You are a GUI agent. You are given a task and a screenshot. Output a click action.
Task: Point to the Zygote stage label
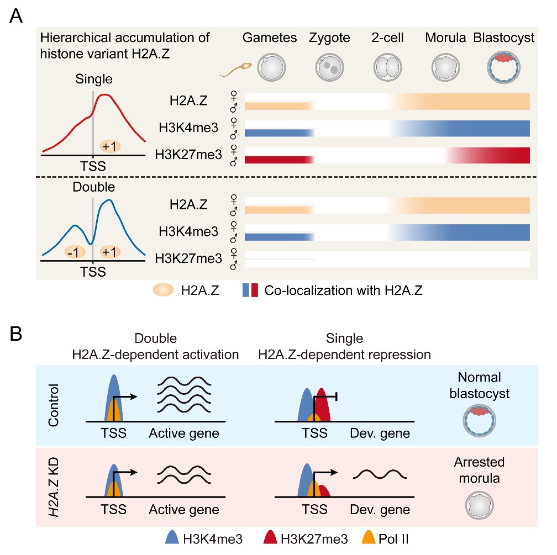[330, 38]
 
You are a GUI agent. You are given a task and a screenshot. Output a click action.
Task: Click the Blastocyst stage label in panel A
[503, 38]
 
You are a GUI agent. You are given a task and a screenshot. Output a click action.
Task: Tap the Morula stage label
[444, 38]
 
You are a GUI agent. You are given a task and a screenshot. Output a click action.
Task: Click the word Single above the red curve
[94, 79]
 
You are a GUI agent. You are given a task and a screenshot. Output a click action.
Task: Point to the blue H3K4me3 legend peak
[173, 536]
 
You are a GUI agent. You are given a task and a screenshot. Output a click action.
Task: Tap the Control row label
[54, 406]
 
